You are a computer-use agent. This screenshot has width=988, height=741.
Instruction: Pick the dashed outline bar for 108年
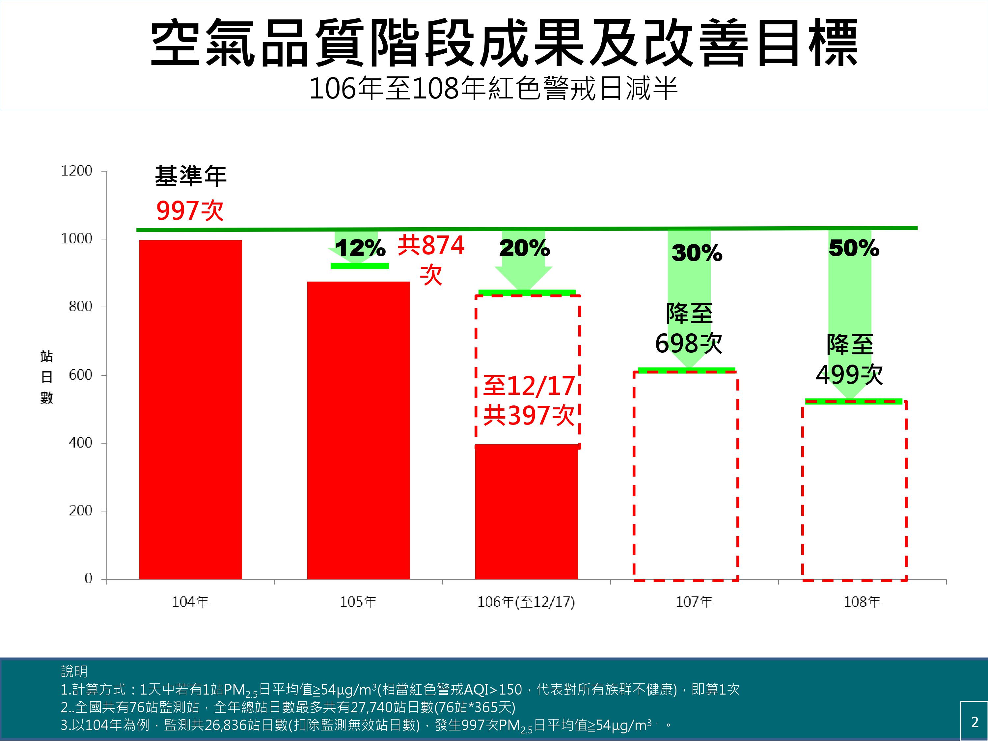tap(854, 491)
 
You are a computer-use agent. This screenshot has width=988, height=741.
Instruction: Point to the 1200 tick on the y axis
tap(76, 171)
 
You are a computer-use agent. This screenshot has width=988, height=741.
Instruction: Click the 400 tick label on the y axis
tap(80, 443)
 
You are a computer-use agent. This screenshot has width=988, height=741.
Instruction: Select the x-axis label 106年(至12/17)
tap(526, 602)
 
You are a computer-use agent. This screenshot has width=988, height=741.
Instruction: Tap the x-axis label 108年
tap(862, 602)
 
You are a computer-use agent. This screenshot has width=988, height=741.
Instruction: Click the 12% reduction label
tap(360, 248)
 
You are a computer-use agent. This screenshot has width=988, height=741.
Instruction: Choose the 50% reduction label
tap(854, 248)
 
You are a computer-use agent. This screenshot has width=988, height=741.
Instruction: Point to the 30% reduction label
tap(697, 253)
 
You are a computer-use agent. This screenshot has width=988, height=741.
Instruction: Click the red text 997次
tap(190, 210)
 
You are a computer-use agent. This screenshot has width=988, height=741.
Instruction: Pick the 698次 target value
tap(688, 343)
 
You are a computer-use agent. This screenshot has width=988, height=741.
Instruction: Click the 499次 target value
tap(849, 374)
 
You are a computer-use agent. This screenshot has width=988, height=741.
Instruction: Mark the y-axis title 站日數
tap(46, 376)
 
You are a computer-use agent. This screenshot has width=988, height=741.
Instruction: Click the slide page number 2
tap(974, 722)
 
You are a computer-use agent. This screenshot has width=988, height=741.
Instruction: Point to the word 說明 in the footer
tap(74, 671)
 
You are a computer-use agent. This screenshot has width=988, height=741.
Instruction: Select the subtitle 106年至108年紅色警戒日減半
tap(494, 89)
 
